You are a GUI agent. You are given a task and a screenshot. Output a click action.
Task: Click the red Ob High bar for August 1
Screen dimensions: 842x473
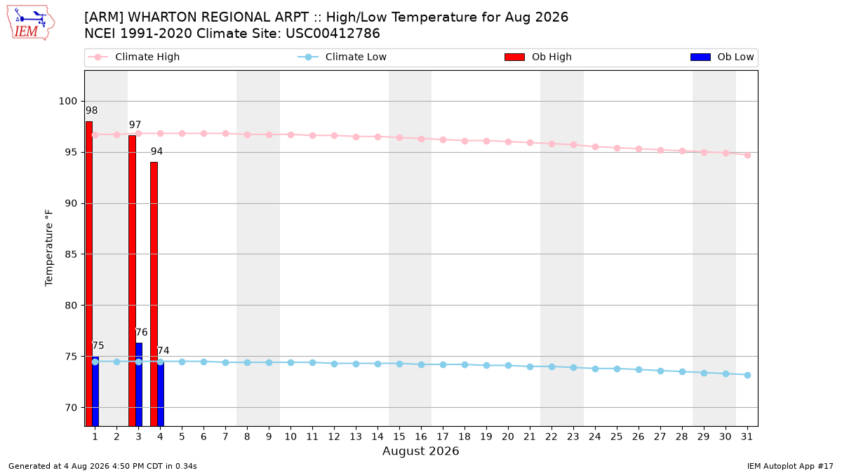click(x=89, y=274)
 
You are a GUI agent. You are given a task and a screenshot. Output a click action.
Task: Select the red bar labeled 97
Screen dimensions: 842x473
click(x=133, y=281)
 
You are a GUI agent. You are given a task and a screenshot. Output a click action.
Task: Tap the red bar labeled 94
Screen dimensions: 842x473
click(x=154, y=294)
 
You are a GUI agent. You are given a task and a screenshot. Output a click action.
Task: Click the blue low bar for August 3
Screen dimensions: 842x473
click(x=139, y=385)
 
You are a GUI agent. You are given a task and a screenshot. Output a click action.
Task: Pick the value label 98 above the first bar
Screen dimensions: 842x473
click(x=92, y=111)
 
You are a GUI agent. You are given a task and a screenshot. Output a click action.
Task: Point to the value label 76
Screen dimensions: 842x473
click(x=142, y=332)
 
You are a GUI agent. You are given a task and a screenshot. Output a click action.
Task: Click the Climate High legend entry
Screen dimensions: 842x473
click(x=133, y=57)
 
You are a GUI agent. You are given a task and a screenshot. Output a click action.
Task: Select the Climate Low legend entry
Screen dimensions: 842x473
click(x=342, y=57)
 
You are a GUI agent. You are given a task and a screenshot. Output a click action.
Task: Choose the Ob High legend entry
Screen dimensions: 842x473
click(x=538, y=57)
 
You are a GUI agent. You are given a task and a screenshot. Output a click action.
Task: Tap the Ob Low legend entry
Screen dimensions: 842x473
click(x=722, y=57)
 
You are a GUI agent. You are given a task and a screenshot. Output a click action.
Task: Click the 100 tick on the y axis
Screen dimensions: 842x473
click(x=67, y=102)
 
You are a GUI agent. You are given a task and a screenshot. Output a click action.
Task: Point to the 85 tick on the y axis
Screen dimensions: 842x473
click(x=71, y=254)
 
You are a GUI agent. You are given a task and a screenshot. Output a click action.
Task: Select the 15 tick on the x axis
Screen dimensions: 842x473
click(x=399, y=437)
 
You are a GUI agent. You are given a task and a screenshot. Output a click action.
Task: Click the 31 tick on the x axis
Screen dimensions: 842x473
click(x=747, y=437)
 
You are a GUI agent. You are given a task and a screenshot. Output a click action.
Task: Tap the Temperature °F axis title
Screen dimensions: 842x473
click(x=49, y=248)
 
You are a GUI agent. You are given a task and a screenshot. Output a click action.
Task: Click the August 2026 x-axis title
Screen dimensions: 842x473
click(x=421, y=451)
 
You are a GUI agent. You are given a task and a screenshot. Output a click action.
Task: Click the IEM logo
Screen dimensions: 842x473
click(x=30, y=23)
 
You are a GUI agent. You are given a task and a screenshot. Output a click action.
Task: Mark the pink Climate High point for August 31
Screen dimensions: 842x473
click(x=748, y=155)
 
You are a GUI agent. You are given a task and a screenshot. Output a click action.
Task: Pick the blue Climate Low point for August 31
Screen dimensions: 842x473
click(x=748, y=375)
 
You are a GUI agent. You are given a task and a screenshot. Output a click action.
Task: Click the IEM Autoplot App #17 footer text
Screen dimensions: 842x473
click(x=790, y=466)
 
